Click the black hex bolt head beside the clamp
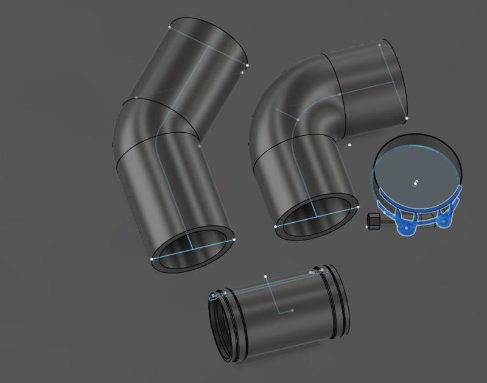tap(373, 221)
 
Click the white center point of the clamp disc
tap(416, 183)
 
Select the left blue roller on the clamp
tap(404, 227)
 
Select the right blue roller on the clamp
tap(444, 220)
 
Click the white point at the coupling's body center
tap(292, 311)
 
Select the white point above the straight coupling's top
tap(265, 277)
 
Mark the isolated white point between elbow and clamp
tap(349, 145)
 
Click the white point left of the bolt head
tap(367, 227)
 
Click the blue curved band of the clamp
tap(420, 210)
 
